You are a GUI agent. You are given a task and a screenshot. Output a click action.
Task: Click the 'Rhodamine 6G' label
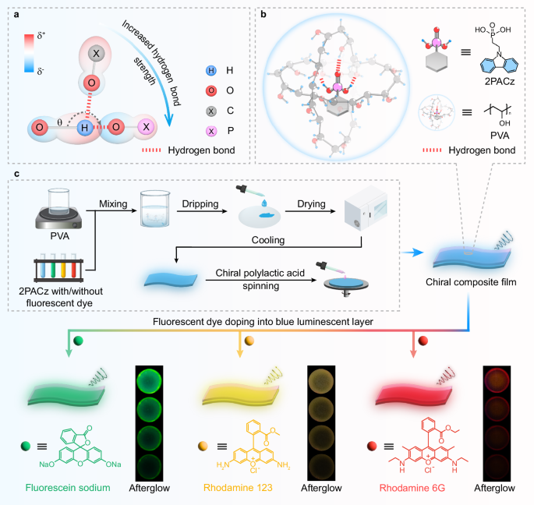pyautogui.click(x=416, y=489)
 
